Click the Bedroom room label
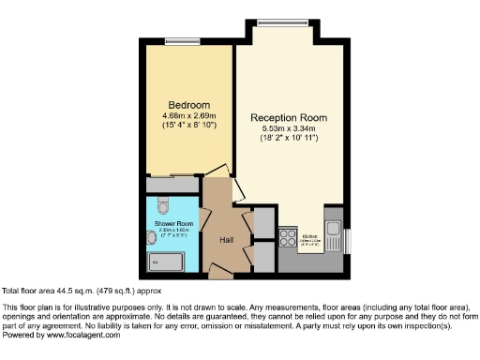click(188, 104)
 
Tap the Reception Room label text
click(289, 117)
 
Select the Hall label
click(226, 240)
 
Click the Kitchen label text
click(310, 235)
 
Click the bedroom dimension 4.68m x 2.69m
click(188, 115)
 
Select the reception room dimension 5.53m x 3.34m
click(289, 128)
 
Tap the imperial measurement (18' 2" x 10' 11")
click(289, 139)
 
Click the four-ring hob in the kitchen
click(289, 237)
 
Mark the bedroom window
click(177, 40)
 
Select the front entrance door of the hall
click(221, 272)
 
